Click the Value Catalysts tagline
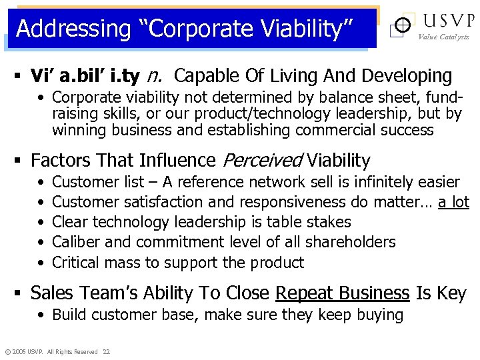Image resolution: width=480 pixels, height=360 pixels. pyautogui.click(x=443, y=37)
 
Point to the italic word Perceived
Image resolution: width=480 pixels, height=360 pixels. pyautogui.click(x=261, y=161)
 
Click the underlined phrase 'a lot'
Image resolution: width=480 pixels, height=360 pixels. pyautogui.click(x=453, y=202)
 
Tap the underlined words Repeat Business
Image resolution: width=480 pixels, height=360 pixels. pyautogui.click(x=342, y=293)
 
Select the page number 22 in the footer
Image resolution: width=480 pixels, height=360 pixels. pyautogui.click(x=107, y=351)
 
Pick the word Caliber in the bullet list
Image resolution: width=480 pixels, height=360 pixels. pyautogui.click(x=75, y=242)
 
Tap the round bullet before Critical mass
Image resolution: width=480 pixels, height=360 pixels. pyautogui.click(x=41, y=263)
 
